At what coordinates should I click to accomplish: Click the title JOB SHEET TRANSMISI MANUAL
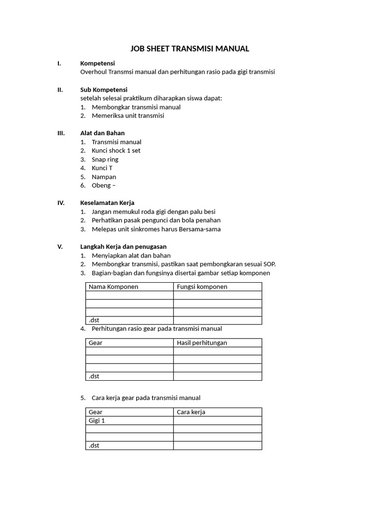pyautogui.click(x=190, y=49)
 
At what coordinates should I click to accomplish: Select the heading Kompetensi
pyautogui.click(x=97, y=63)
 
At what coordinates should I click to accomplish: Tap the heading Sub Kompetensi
pyautogui.click(x=103, y=90)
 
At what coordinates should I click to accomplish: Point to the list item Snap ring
pyautogui.click(x=105, y=159)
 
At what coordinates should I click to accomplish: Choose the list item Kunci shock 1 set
pyautogui.click(x=116, y=151)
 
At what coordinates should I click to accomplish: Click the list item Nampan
pyautogui.click(x=104, y=177)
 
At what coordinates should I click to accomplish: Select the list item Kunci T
pyautogui.click(x=102, y=168)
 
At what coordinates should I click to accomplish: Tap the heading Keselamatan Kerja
pyautogui.click(x=107, y=203)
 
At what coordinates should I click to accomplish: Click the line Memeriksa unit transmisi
pyautogui.click(x=128, y=116)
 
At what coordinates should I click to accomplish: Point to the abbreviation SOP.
pyautogui.click(x=269, y=264)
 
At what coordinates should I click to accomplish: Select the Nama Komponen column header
pyautogui.click(x=113, y=287)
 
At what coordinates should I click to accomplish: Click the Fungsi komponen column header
pyautogui.click(x=202, y=287)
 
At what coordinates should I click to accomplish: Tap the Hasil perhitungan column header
pyautogui.click(x=202, y=343)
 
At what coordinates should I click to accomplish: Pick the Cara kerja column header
pyautogui.click(x=191, y=412)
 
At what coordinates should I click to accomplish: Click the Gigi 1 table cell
pyautogui.click(x=96, y=420)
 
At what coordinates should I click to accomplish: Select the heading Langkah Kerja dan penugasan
pyautogui.click(x=123, y=247)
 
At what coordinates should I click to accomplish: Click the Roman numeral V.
pyautogui.click(x=60, y=247)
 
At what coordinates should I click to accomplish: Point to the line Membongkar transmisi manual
pyautogui.click(x=136, y=107)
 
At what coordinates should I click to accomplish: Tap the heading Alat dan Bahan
pyautogui.click(x=102, y=133)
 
